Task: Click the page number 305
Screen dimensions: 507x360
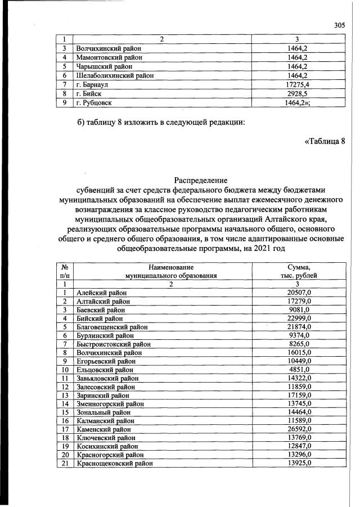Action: click(x=339, y=25)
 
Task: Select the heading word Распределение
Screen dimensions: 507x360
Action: click(x=201, y=181)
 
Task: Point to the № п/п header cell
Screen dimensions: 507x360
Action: click(x=65, y=271)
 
